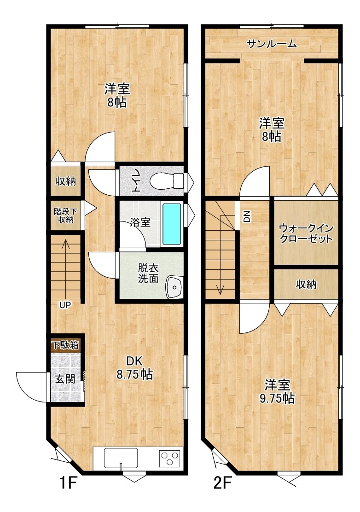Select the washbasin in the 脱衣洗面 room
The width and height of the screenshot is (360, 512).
coord(174,287)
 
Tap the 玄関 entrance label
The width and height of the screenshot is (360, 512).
coord(65,379)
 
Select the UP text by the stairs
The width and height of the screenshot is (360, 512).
coord(65,305)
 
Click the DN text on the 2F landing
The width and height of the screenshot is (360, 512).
coord(247,216)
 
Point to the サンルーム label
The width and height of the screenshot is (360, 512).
coord(272,43)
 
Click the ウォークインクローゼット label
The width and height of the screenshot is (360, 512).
coord(306,233)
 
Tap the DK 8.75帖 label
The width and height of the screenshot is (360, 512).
coord(134,368)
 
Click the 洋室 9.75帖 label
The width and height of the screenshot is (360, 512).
coord(277,391)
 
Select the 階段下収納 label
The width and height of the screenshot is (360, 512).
coord(66,215)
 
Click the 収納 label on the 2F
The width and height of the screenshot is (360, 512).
coord(306,285)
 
